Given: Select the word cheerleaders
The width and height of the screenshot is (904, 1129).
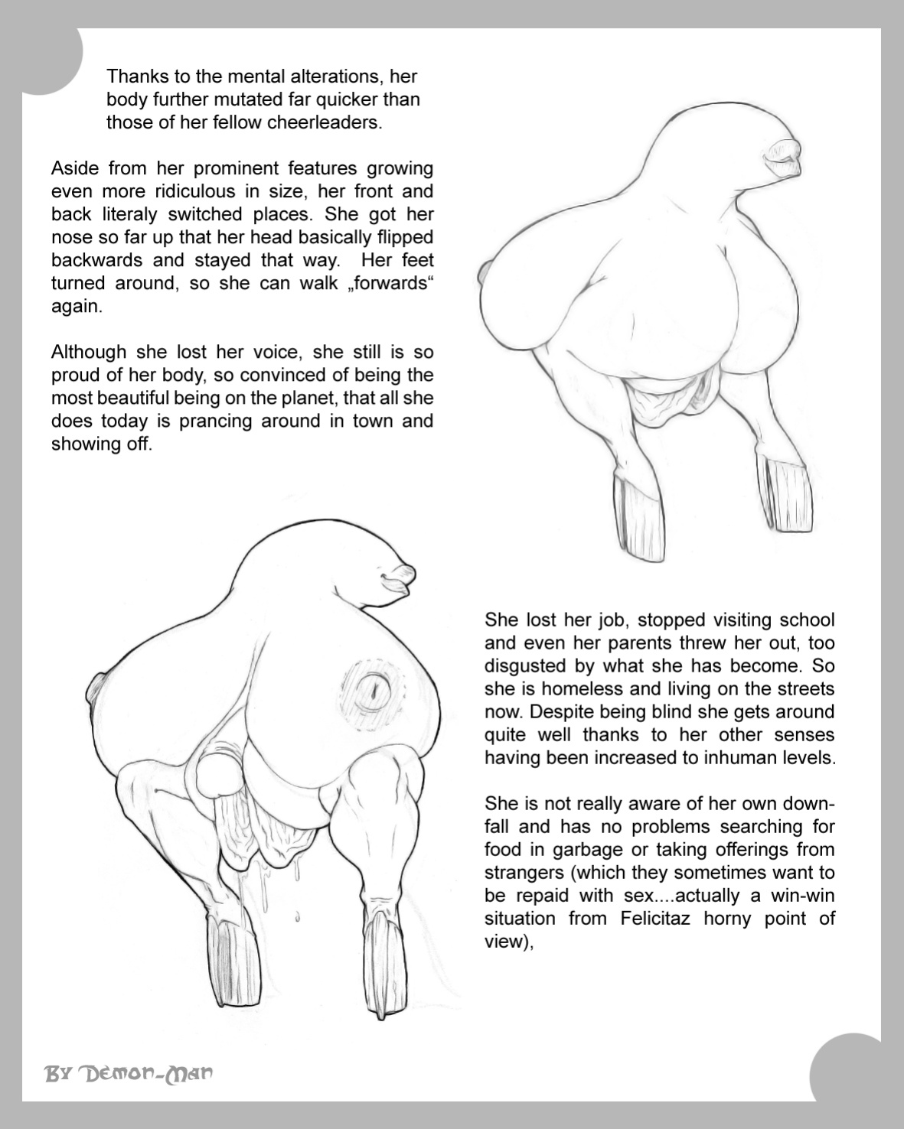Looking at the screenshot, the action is pos(325,122).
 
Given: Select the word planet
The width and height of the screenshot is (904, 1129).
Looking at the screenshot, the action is pos(306,399).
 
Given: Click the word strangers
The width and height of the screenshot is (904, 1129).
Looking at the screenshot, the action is pos(524,874).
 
